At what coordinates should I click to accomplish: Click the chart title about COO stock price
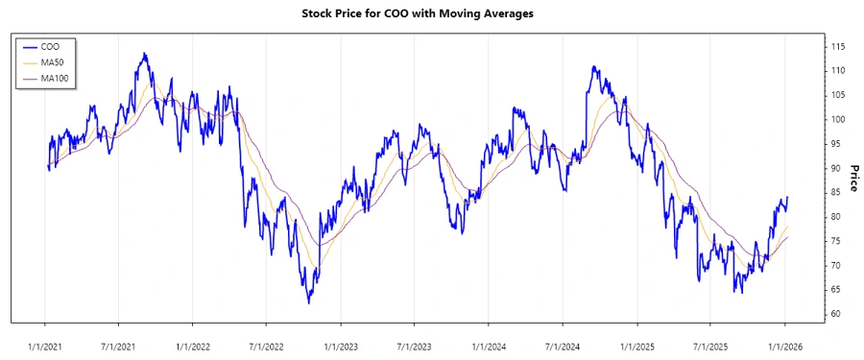click(x=432, y=13)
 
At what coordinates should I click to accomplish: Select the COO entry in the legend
click(x=53, y=46)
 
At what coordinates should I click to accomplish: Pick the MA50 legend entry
click(x=56, y=62)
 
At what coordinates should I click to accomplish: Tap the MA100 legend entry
click(x=58, y=78)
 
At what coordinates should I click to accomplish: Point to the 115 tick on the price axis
click(x=838, y=47)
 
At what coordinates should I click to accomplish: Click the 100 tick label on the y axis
click(x=838, y=120)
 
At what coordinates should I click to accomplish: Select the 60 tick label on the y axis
click(x=835, y=314)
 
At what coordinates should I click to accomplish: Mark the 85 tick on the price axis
click(x=835, y=193)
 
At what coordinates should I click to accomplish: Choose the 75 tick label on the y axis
click(x=835, y=241)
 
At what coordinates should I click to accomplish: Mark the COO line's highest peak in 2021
click(x=144, y=54)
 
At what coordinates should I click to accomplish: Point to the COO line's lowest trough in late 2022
click(x=308, y=302)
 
